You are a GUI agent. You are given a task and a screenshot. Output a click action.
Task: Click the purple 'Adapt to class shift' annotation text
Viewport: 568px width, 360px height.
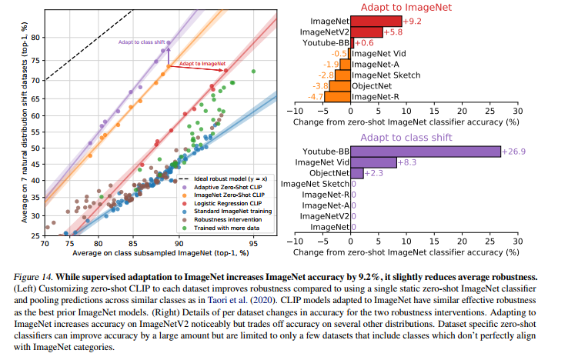141,41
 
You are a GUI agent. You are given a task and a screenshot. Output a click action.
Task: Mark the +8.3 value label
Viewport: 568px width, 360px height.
408,162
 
